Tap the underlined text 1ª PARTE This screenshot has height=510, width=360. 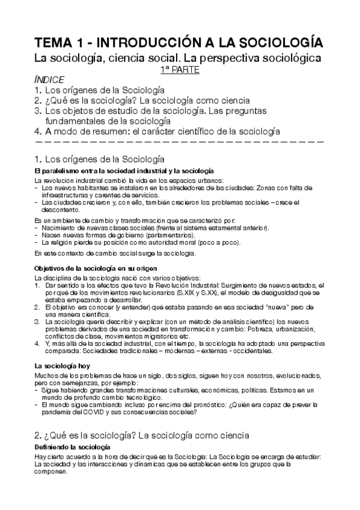[x=180, y=70]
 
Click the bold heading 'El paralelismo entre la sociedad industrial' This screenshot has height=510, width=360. [x=90, y=172]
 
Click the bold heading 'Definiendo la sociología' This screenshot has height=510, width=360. [x=72, y=449]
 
